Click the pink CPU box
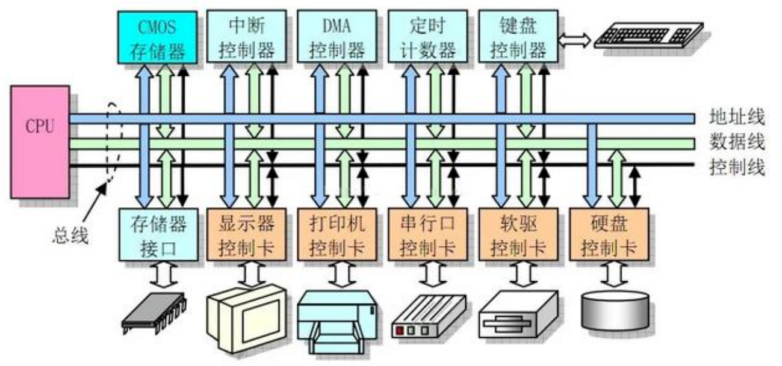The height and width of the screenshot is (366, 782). click(x=40, y=142)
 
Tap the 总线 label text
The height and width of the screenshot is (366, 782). click(x=68, y=236)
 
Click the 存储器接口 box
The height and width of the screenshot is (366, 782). click(x=158, y=235)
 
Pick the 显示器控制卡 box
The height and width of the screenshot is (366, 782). click(x=247, y=235)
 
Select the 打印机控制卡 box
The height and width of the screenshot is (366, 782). click(x=337, y=235)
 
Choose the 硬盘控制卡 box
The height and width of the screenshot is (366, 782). click(x=609, y=235)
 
